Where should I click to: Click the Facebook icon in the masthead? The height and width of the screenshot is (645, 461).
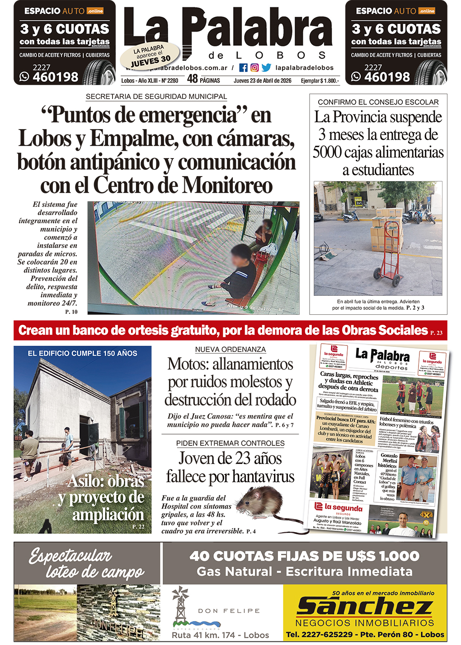click(243, 68)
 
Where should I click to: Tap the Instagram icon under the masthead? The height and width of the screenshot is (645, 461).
click(254, 68)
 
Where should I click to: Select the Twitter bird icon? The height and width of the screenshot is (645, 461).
click(266, 68)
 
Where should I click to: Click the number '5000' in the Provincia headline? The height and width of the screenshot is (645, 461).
click(327, 152)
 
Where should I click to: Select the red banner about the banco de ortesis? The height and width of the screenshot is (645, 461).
click(230, 331)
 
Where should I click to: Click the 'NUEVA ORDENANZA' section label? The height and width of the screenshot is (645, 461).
click(230, 350)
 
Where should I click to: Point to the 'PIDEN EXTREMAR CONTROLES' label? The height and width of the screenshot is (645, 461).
click(230, 443)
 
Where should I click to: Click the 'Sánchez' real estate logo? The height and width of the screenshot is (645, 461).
click(364, 607)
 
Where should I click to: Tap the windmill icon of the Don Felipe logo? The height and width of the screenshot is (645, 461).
click(180, 603)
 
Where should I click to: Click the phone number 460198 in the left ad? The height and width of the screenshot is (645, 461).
click(56, 77)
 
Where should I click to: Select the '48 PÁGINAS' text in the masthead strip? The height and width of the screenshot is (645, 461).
click(203, 79)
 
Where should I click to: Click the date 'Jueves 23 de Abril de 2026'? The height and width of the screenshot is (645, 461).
click(262, 80)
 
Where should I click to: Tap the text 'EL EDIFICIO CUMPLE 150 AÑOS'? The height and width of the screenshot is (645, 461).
click(82, 353)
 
